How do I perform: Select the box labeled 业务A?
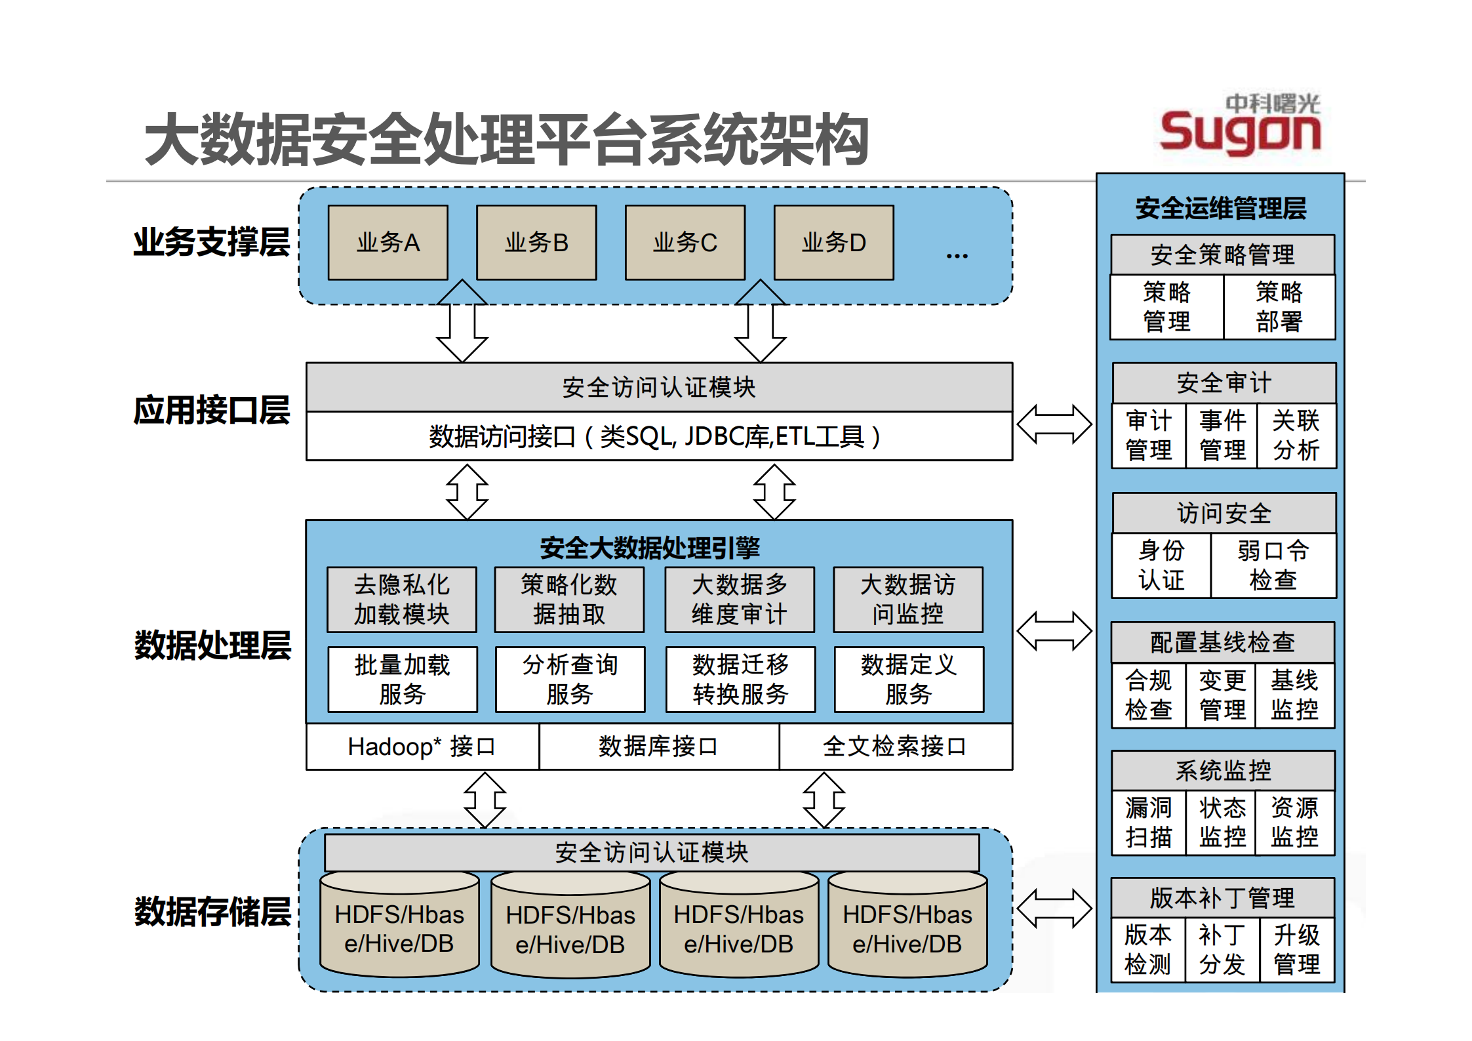[x=388, y=243]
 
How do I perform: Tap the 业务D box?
[x=833, y=243]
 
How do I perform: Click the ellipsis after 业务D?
[x=957, y=256]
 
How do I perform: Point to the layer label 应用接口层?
[x=211, y=411]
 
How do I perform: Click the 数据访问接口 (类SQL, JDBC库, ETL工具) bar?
[x=658, y=437]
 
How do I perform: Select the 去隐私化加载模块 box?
[x=401, y=600]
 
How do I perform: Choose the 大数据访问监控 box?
[x=907, y=600]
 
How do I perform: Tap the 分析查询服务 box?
[x=570, y=680]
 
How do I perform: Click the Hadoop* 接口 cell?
[x=422, y=746]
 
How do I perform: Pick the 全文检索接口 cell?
[x=895, y=746]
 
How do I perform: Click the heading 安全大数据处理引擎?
[x=649, y=548]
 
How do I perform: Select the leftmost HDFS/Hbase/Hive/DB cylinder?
[x=399, y=928]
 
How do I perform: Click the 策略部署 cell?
[x=1279, y=307]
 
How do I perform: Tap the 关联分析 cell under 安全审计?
[x=1296, y=436]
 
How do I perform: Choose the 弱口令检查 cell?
[x=1273, y=565]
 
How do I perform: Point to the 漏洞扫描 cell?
[x=1148, y=823]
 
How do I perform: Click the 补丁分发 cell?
[x=1222, y=950]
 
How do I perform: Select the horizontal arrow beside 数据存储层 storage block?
[x=1054, y=908]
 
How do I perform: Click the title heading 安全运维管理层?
[x=1221, y=209]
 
